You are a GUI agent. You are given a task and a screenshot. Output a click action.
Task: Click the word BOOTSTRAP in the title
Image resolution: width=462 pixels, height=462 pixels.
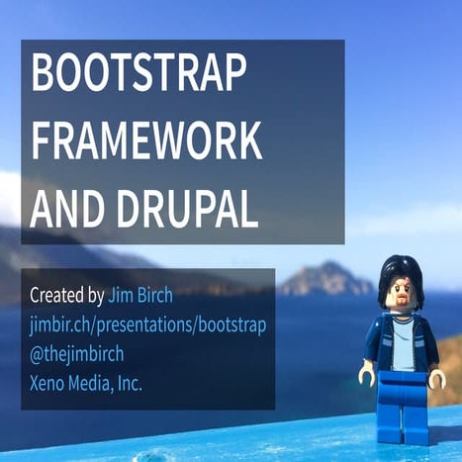pyautogui.click(x=139, y=76)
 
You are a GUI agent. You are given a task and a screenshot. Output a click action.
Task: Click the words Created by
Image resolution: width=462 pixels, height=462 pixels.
pyautogui.click(x=67, y=295)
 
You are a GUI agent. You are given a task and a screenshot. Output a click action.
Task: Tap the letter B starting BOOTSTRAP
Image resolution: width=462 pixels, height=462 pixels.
pyautogui.click(x=45, y=76)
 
